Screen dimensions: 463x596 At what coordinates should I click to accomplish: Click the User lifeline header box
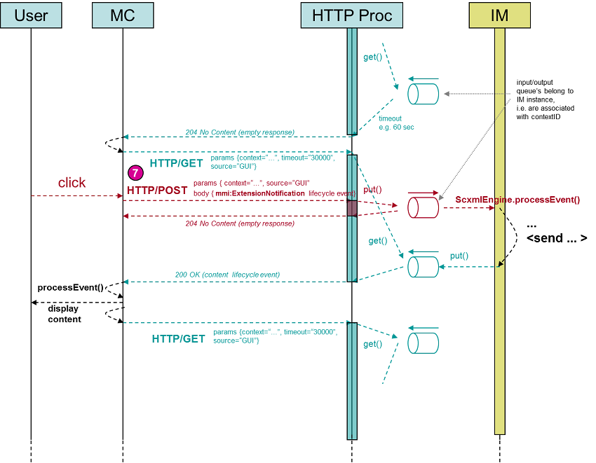(x=31, y=15)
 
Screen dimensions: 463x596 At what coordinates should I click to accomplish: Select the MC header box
(x=122, y=15)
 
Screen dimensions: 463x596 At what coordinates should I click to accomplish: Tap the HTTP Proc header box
(x=352, y=15)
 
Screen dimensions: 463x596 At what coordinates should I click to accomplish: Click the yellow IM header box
(x=499, y=15)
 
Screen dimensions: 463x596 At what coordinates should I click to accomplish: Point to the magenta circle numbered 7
(x=135, y=172)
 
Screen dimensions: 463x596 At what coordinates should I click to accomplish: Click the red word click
(x=72, y=183)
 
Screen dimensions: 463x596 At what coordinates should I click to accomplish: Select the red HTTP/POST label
(x=156, y=191)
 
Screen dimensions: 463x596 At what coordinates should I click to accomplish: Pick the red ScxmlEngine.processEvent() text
(x=517, y=200)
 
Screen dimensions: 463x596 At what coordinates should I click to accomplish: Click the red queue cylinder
(x=423, y=207)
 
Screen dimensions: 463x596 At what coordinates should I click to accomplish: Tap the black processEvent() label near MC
(x=70, y=288)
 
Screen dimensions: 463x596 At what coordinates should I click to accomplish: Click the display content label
(x=64, y=314)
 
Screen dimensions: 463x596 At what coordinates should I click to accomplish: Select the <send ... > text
(x=557, y=238)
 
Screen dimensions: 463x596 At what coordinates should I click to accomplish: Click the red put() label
(x=372, y=190)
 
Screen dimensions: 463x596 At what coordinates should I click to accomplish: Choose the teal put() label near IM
(x=459, y=256)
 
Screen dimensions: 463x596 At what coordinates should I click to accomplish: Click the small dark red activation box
(x=352, y=208)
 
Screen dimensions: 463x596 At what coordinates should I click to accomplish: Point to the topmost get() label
(x=372, y=57)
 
